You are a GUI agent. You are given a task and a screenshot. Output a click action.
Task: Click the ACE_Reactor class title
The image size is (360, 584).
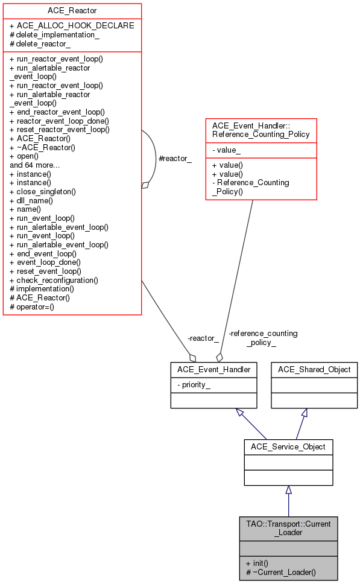72,11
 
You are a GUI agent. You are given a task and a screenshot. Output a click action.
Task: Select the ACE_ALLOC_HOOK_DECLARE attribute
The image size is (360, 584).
72,25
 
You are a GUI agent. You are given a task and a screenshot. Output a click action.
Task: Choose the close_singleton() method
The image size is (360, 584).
43,191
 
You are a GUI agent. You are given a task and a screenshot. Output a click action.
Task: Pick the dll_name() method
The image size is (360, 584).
31,200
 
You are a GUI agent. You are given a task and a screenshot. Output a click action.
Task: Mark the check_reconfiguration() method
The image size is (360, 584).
54,280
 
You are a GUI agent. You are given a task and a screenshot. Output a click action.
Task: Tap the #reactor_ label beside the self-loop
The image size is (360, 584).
174,158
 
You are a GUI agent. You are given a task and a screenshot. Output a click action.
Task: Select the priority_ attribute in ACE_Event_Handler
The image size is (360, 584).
194,384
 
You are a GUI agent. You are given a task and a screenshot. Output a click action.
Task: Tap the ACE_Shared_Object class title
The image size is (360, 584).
314,369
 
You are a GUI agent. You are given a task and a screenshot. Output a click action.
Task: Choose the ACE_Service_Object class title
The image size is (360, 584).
288,447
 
